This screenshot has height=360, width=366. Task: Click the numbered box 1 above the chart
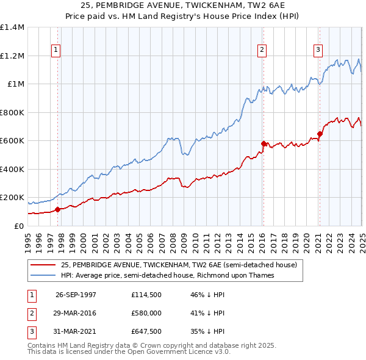(x=56, y=51)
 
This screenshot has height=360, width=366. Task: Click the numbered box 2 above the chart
(x=262, y=51)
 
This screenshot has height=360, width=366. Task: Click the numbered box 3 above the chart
(x=318, y=51)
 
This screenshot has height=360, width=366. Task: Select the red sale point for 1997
(x=58, y=209)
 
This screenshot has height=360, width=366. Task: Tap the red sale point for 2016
(x=264, y=144)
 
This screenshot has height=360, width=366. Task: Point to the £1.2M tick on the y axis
(x=12, y=56)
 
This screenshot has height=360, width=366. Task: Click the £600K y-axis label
(x=12, y=140)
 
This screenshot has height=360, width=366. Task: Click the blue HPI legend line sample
(x=43, y=275)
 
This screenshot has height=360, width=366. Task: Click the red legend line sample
(x=43, y=265)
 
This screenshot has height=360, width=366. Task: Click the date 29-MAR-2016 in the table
(x=76, y=313)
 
